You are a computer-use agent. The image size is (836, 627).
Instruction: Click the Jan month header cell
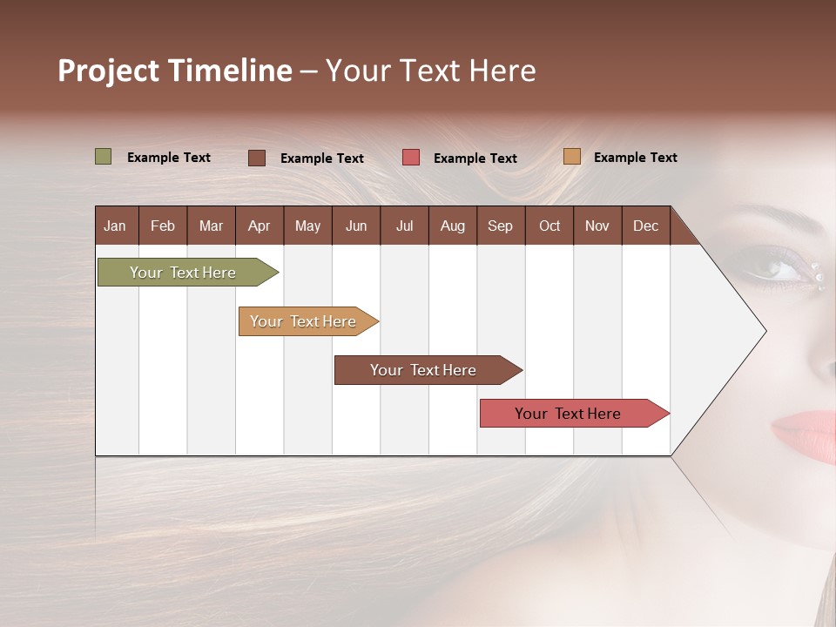tap(116, 226)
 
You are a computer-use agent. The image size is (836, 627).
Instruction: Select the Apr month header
tap(260, 226)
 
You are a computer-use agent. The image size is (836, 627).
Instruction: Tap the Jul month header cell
tap(404, 226)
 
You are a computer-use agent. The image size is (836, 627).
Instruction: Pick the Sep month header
tap(500, 226)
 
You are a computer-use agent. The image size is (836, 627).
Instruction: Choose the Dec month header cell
tap(645, 226)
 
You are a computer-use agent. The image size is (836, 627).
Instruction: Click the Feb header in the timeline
tap(163, 226)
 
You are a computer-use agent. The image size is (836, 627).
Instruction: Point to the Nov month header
tap(597, 226)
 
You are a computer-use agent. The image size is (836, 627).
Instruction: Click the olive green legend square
tap(104, 157)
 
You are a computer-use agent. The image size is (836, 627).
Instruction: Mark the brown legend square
tap(257, 158)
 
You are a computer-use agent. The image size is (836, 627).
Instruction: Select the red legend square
tap(411, 158)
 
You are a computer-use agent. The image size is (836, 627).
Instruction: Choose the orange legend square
tap(572, 157)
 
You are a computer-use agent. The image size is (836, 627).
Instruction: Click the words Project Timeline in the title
tap(175, 71)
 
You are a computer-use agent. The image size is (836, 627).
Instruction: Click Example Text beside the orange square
tap(635, 158)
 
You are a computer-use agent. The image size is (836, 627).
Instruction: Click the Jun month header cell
tap(356, 226)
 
